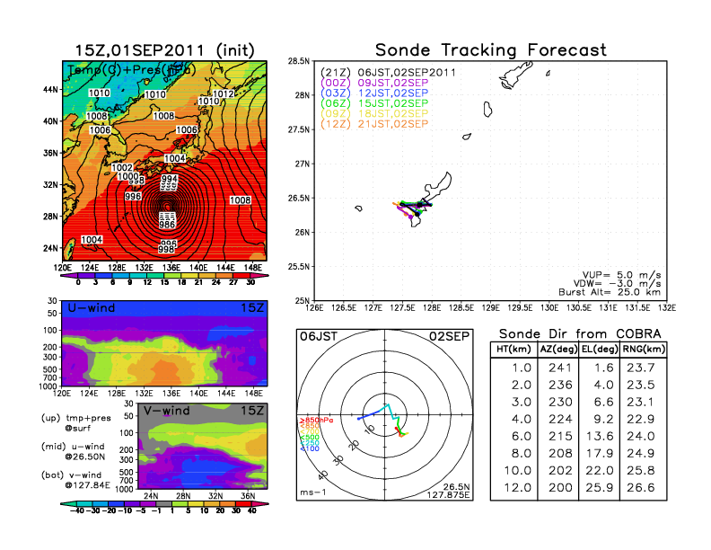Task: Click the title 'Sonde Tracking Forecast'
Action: tap(490, 49)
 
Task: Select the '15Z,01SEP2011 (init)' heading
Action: tap(163, 49)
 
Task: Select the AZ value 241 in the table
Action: tap(558, 367)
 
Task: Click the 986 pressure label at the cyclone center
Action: tap(168, 224)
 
